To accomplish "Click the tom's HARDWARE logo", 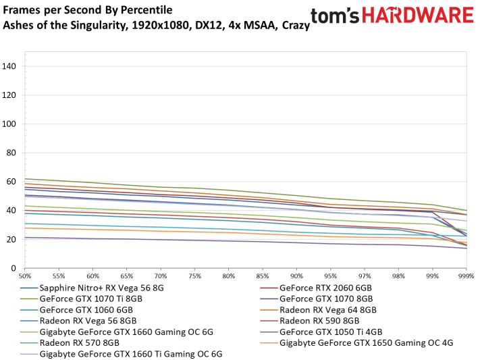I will tap(392, 16).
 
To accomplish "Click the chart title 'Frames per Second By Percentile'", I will tap(88, 10).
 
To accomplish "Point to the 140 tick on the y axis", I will tap(10, 66).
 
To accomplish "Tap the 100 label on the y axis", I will tap(10, 124).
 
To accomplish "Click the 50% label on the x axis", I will tap(25, 277).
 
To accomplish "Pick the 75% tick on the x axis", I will tap(195, 277).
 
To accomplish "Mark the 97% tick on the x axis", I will tap(365, 277).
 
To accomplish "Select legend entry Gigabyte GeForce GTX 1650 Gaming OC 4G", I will tap(365, 342).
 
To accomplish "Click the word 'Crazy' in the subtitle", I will tap(295, 25).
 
